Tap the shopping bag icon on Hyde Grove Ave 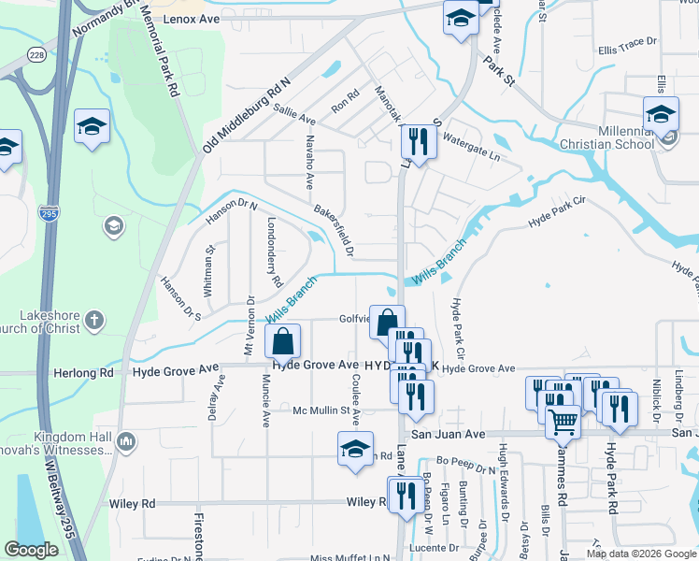pos(283,343)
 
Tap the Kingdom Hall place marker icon pos(127,441)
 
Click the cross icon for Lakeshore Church pos(93,322)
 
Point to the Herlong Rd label pos(88,372)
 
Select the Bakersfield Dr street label pos(335,231)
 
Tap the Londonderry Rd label pos(274,252)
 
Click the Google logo pos(31,550)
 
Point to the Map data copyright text pos(640,554)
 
